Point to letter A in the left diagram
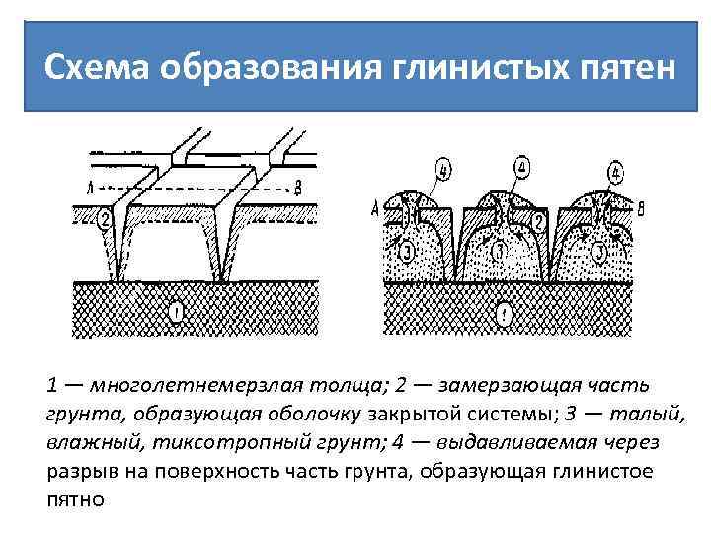90,187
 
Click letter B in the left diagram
297,187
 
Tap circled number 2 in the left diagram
105,219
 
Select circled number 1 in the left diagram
175,313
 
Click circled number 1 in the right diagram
505,315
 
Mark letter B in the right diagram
643,207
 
